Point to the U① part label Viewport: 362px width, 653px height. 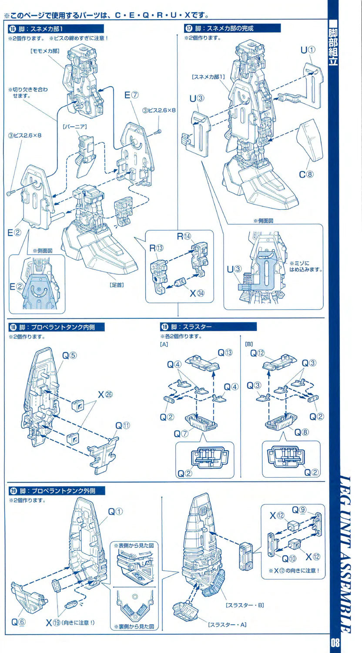307,50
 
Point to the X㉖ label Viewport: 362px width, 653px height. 105,395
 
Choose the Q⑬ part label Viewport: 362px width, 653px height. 225,353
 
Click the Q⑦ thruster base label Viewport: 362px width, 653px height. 181,434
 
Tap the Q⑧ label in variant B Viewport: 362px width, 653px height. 301,432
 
